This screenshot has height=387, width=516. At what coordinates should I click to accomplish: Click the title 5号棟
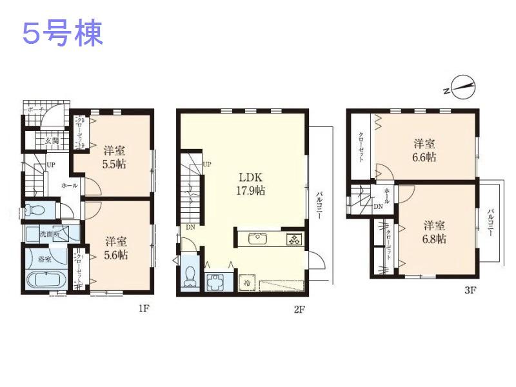coord(63,34)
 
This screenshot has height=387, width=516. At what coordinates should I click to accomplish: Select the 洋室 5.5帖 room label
coord(114,157)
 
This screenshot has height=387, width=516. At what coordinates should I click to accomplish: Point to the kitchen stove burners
coord(293,239)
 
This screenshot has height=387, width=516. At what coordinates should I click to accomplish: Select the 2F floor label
coord(299,309)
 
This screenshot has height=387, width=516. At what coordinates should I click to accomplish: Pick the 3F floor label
coord(470,290)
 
